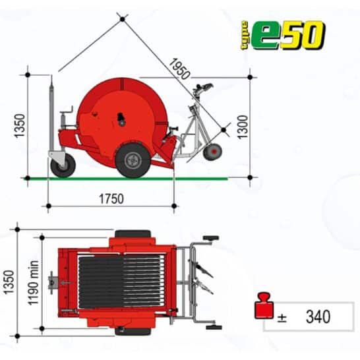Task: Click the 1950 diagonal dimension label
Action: tap(179, 69)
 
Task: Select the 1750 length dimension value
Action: tap(111, 199)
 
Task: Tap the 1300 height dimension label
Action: tap(243, 127)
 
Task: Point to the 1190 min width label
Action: tap(33, 283)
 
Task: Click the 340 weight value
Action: tap(318, 316)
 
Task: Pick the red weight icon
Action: tap(264, 305)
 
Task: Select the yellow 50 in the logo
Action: tap(303, 35)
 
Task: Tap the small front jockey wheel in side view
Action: tap(63, 165)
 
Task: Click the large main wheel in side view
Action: tap(133, 160)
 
